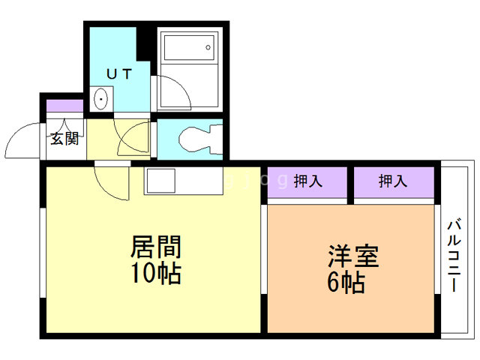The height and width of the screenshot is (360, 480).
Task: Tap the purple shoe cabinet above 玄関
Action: point(64,106)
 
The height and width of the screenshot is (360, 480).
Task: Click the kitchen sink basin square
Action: point(160,181)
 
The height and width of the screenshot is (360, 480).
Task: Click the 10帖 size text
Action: point(156,274)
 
